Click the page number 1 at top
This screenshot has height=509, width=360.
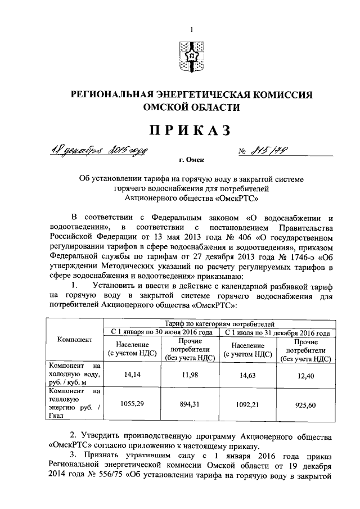coord(191,29)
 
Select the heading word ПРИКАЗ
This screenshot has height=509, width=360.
coord(190,130)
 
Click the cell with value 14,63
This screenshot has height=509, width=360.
coord(247,372)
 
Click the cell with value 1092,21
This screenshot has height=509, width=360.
coord(247,404)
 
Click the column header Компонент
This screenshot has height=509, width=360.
coord(75,340)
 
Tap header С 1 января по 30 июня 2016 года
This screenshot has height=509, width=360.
coord(161,332)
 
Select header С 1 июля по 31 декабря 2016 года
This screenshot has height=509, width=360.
coord(277,332)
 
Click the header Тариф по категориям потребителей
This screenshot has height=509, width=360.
coord(219,324)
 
